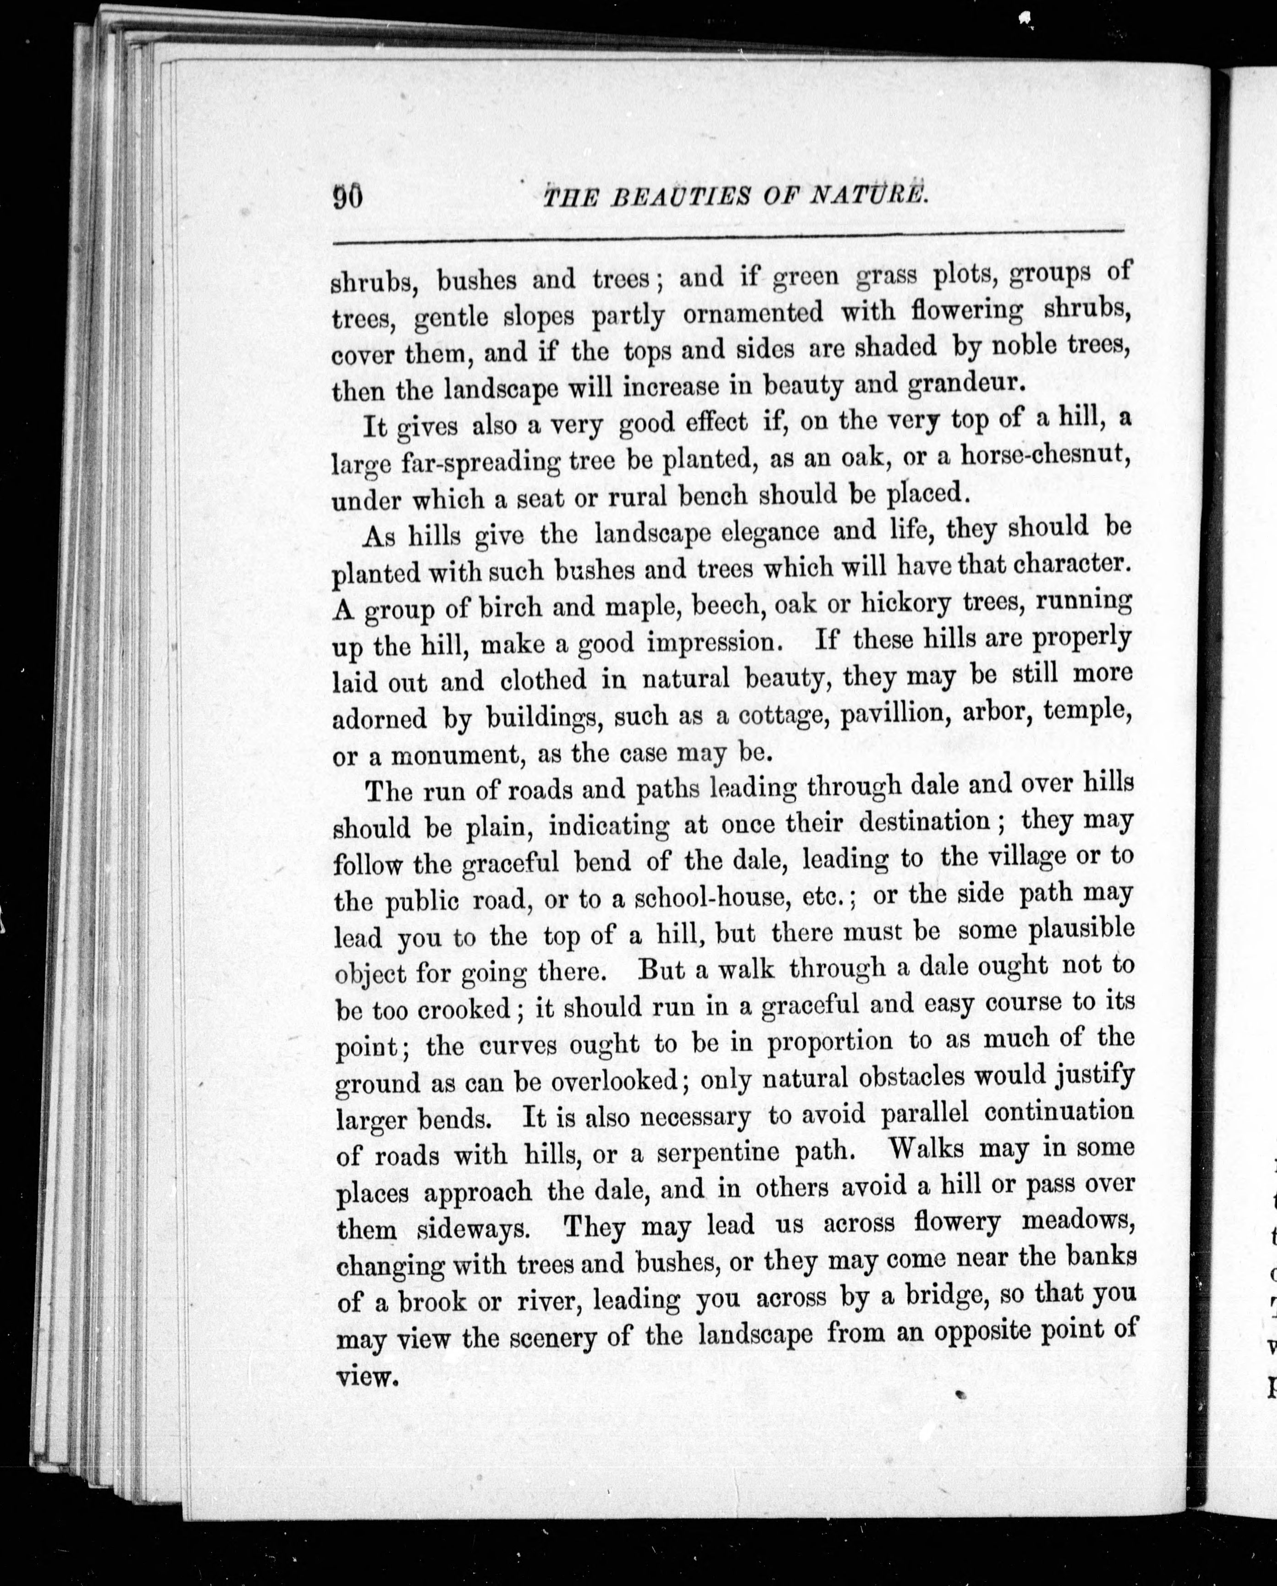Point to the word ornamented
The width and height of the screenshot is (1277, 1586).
click(x=753, y=313)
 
